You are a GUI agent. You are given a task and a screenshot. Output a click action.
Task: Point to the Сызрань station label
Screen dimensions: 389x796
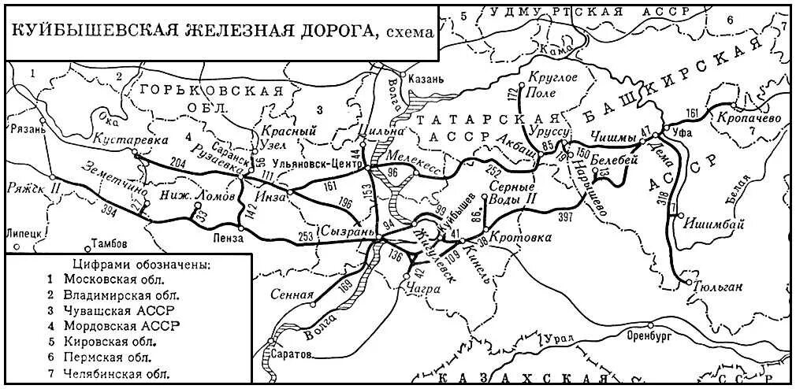tap(342, 232)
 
